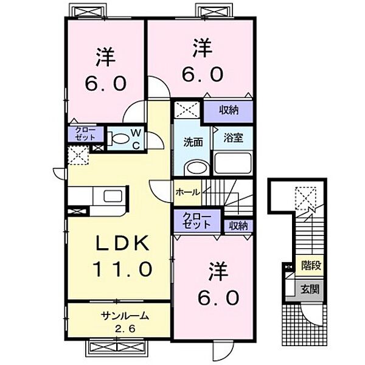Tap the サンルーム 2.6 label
click(124, 318)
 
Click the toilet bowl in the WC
click(120, 139)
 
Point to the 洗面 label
click(193, 142)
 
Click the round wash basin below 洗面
click(195, 167)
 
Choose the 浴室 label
click(232, 137)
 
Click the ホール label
click(187, 192)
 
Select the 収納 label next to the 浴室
click(228, 110)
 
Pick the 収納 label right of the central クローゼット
click(238, 225)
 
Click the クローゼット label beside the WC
click(85, 134)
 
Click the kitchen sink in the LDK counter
click(113, 196)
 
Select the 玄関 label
click(311, 289)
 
